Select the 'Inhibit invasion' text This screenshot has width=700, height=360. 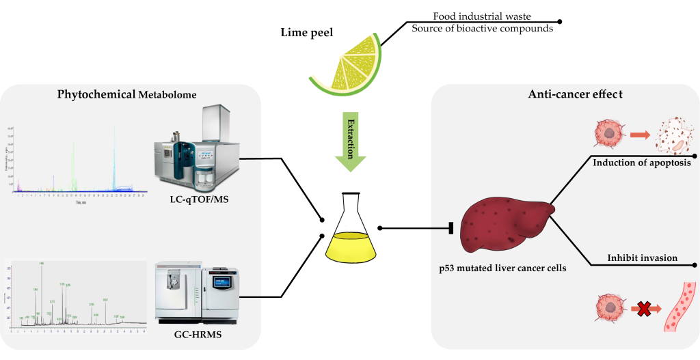pyautogui.click(x=642, y=258)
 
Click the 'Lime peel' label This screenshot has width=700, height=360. pyautogui.click(x=307, y=32)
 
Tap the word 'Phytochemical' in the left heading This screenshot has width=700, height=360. pyautogui.click(x=96, y=94)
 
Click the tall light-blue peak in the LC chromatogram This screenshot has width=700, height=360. pyautogui.click(x=114, y=157)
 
